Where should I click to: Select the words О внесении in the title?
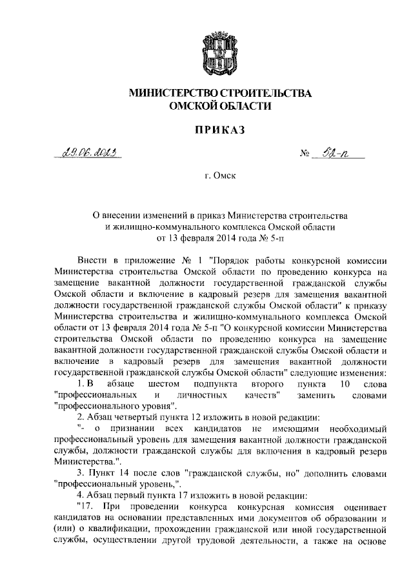[120, 214]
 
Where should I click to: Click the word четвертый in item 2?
[129, 418]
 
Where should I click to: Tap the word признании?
[137, 428]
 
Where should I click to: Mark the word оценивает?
[364, 507]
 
